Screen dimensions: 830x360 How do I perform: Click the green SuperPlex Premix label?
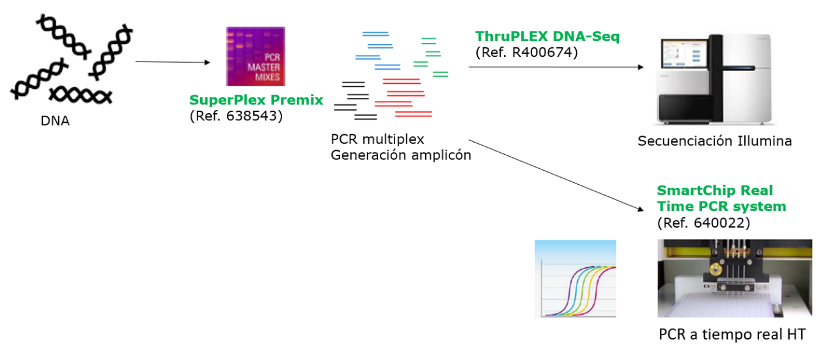(x=256, y=100)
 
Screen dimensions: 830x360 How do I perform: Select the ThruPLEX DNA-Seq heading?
(x=547, y=36)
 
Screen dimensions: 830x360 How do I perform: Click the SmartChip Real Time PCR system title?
(x=721, y=198)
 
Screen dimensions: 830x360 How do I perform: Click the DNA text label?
(x=55, y=121)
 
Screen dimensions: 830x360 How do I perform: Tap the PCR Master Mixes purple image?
(x=256, y=56)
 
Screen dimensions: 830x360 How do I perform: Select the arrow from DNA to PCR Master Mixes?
(x=173, y=62)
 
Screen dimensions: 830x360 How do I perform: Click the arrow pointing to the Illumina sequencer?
(x=556, y=67)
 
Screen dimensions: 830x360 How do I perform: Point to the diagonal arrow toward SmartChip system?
(x=556, y=175)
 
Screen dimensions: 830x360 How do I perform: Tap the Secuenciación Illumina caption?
(x=715, y=141)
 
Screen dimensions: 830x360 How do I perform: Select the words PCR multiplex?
(x=377, y=139)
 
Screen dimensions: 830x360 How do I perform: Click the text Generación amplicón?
(x=401, y=155)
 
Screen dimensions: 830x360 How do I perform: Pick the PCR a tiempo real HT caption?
(x=732, y=334)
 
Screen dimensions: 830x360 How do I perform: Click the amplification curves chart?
(x=576, y=279)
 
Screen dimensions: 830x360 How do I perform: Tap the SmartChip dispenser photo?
(x=735, y=278)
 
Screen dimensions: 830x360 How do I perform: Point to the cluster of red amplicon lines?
(x=403, y=98)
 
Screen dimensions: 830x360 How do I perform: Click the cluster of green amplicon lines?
(x=430, y=57)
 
